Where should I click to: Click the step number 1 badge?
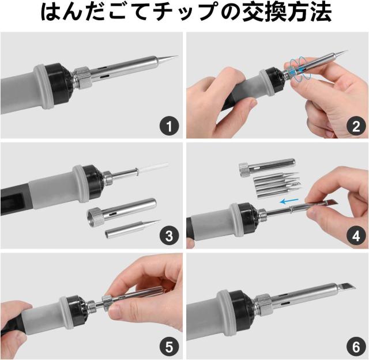click(x=169, y=126)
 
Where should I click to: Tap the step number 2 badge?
click(x=356, y=126)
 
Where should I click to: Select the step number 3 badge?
click(x=169, y=236)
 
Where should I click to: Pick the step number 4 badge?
click(x=356, y=236)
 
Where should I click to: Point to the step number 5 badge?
click(x=169, y=347)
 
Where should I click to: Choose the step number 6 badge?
click(x=356, y=347)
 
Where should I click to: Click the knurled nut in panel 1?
click(x=82, y=78)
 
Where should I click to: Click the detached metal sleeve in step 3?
click(x=122, y=209)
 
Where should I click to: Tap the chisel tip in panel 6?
click(x=346, y=287)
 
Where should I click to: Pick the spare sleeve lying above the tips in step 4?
click(x=267, y=167)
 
